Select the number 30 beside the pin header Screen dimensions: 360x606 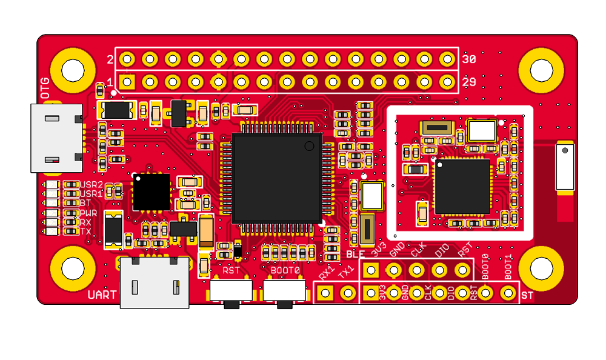[x=468, y=59]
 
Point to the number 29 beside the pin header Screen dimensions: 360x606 [x=468, y=81]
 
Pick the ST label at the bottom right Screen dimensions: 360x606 [x=527, y=295]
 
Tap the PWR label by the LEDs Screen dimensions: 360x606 [x=88, y=213]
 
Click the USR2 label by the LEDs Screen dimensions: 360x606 [x=92, y=184]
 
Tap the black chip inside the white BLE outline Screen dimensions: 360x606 [x=462, y=187]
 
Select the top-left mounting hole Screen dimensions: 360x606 [x=73, y=69]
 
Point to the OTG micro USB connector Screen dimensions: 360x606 [x=57, y=138]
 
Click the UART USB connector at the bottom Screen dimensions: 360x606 [x=155, y=282]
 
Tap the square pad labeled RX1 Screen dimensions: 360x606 [x=325, y=293]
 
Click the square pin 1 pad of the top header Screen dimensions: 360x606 [x=127, y=81]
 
